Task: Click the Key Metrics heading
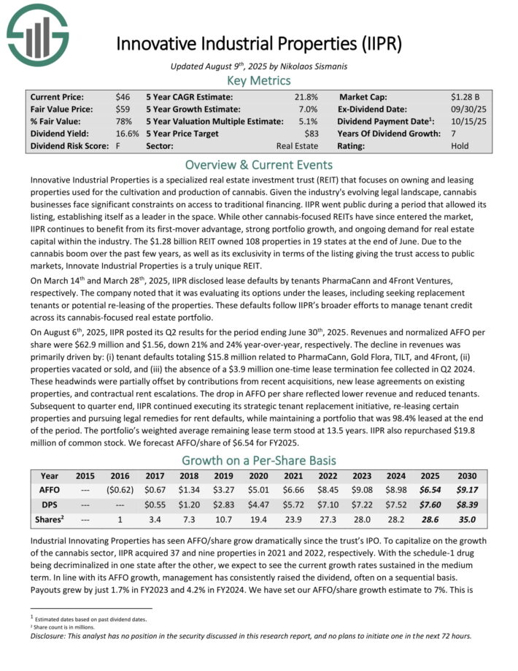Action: point(259,80)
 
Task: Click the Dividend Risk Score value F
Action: point(117,146)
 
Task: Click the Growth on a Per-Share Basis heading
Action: point(259,460)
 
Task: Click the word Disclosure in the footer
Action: point(49,635)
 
